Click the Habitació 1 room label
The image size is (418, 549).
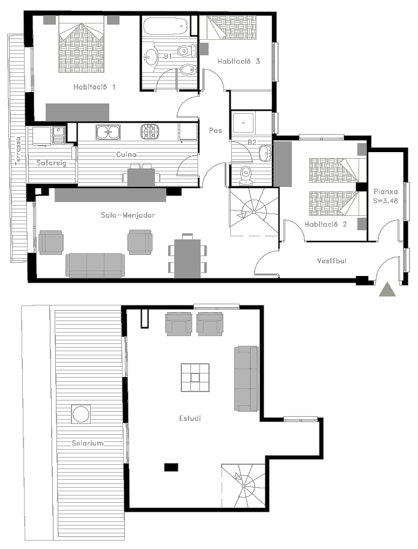click(x=94, y=87)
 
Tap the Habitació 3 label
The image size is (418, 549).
click(x=238, y=61)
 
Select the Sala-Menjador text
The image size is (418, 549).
click(x=128, y=215)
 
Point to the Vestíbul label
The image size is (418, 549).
click(x=332, y=260)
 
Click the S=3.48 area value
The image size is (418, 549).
click(x=386, y=201)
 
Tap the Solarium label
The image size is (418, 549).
click(x=88, y=443)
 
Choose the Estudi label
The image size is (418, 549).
click(x=190, y=418)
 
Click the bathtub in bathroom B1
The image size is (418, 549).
click(x=165, y=26)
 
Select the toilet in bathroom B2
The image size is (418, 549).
click(x=246, y=176)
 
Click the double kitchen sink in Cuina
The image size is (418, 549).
click(x=108, y=132)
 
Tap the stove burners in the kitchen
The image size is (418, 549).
click(x=150, y=132)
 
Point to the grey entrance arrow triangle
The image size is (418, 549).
click(x=387, y=289)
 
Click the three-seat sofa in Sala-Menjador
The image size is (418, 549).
click(x=95, y=265)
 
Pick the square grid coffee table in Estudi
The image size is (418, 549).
click(x=195, y=378)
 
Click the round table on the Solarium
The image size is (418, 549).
click(x=81, y=414)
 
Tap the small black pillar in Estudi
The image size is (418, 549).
click(x=171, y=467)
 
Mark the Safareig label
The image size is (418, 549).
click(x=52, y=163)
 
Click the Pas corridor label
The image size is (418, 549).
click(x=216, y=130)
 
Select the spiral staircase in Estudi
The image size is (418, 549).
click(x=243, y=486)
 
